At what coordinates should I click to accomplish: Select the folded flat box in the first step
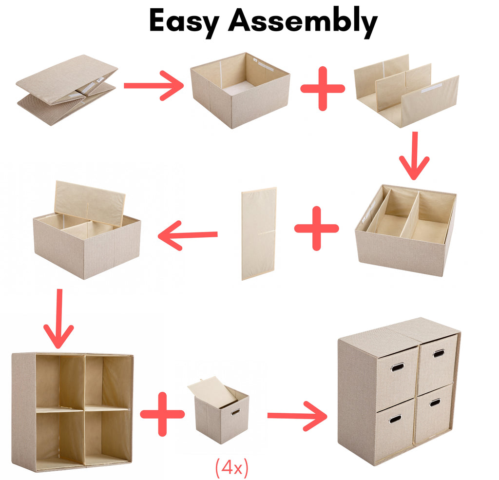(67, 90)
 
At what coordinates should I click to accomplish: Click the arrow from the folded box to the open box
(154, 86)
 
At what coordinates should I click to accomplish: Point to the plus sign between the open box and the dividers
(323, 89)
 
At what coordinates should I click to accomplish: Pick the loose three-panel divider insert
(406, 91)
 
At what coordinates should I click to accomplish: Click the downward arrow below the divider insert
(414, 156)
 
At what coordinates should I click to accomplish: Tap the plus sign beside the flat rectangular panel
(317, 228)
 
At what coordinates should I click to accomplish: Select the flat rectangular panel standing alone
(259, 233)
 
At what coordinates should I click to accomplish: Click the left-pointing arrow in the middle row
(188, 235)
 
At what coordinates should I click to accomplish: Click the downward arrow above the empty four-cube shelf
(59, 319)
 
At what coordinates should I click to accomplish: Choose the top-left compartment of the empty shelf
(59, 381)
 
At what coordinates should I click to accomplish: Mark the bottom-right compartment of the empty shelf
(108, 435)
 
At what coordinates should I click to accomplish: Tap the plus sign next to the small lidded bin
(162, 414)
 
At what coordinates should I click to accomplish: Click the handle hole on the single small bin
(235, 413)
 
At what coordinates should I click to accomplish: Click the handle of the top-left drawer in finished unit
(398, 367)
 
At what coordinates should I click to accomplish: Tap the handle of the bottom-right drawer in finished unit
(435, 403)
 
